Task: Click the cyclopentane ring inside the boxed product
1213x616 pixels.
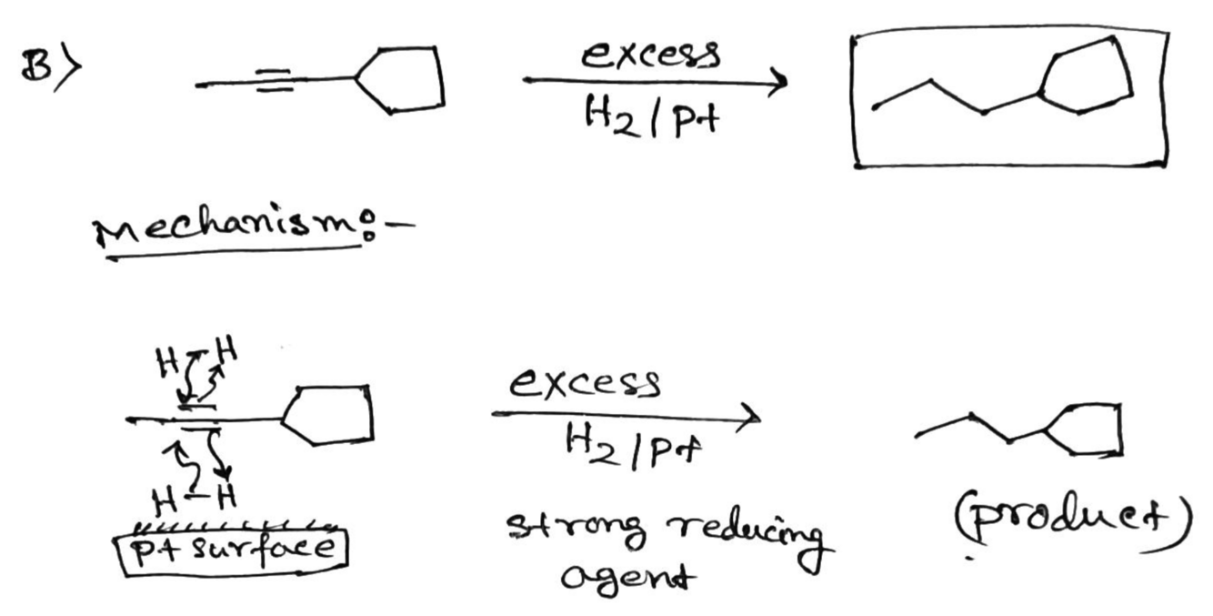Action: click(x=1089, y=76)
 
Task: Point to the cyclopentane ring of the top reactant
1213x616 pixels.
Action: click(x=403, y=79)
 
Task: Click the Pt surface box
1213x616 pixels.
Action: click(x=230, y=549)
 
